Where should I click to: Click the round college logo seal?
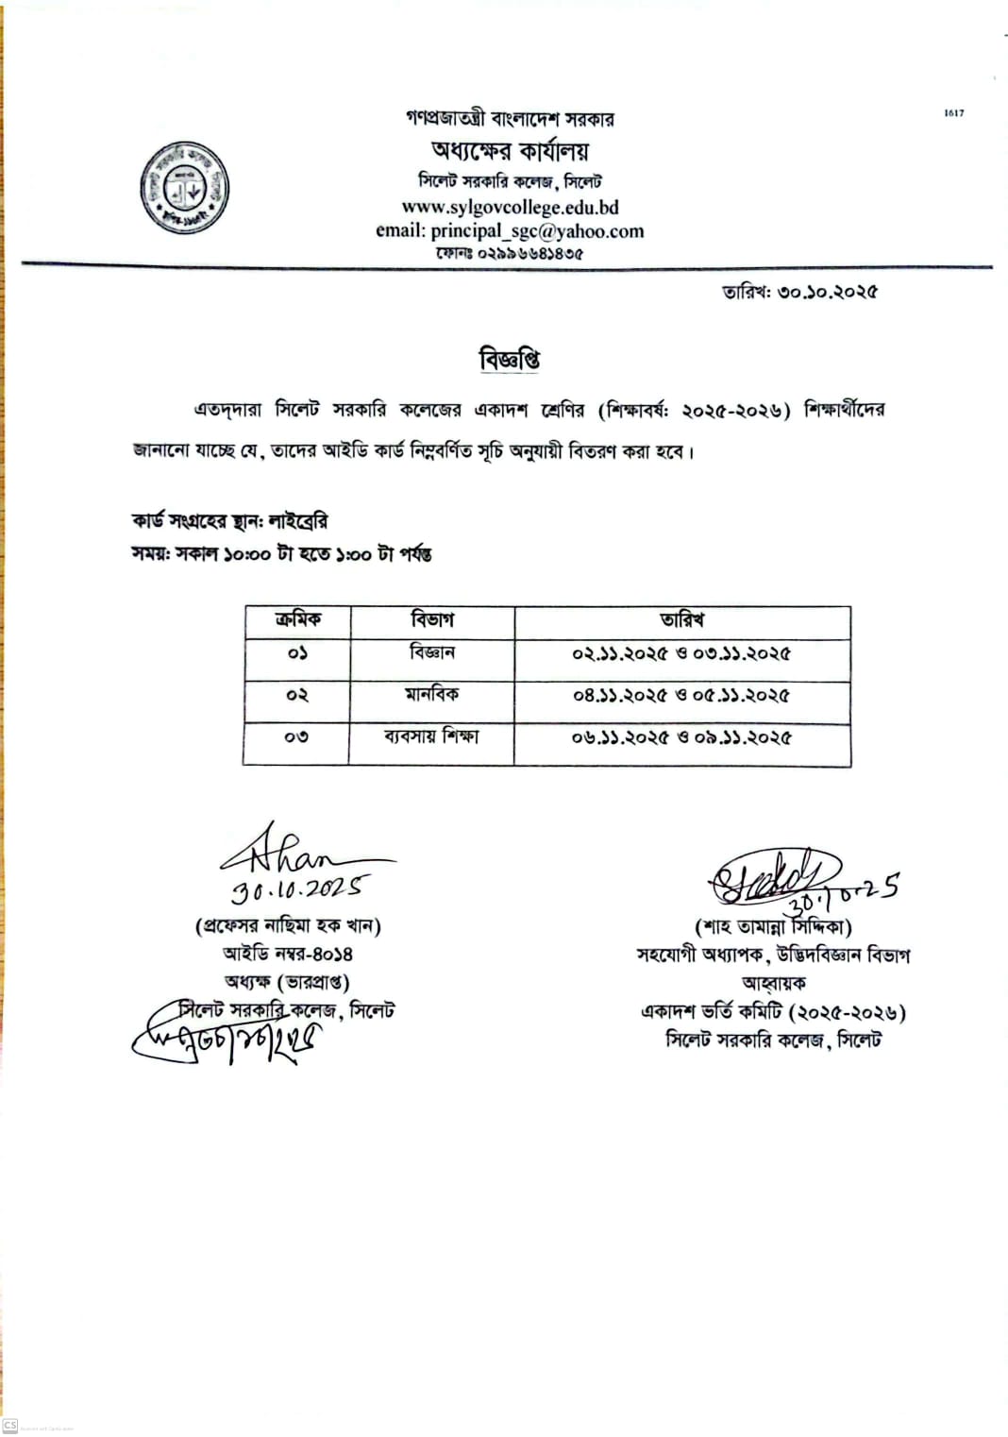point(185,188)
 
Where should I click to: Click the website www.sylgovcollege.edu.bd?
point(510,207)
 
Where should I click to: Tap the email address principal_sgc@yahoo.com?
point(510,230)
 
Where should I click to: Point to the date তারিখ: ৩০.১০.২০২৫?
point(799,292)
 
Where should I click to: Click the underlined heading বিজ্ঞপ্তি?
point(510,359)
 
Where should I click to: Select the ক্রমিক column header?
point(297,620)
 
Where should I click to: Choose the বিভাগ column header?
point(432,620)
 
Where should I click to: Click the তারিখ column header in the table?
point(681,620)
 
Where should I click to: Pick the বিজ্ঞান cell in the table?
point(432,652)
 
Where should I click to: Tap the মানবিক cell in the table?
point(432,694)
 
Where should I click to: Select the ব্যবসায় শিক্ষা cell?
point(432,735)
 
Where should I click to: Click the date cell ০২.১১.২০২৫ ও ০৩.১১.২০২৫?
point(681,653)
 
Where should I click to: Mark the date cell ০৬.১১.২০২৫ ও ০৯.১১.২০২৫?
point(681,736)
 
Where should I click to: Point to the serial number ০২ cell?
point(297,695)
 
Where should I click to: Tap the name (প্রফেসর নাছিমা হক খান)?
point(288,925)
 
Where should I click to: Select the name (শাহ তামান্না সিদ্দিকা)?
point(774,927)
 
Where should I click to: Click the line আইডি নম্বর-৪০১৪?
point(288,954)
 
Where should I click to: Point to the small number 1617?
point(953,113)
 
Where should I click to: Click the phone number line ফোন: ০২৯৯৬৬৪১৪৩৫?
point(510,254)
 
